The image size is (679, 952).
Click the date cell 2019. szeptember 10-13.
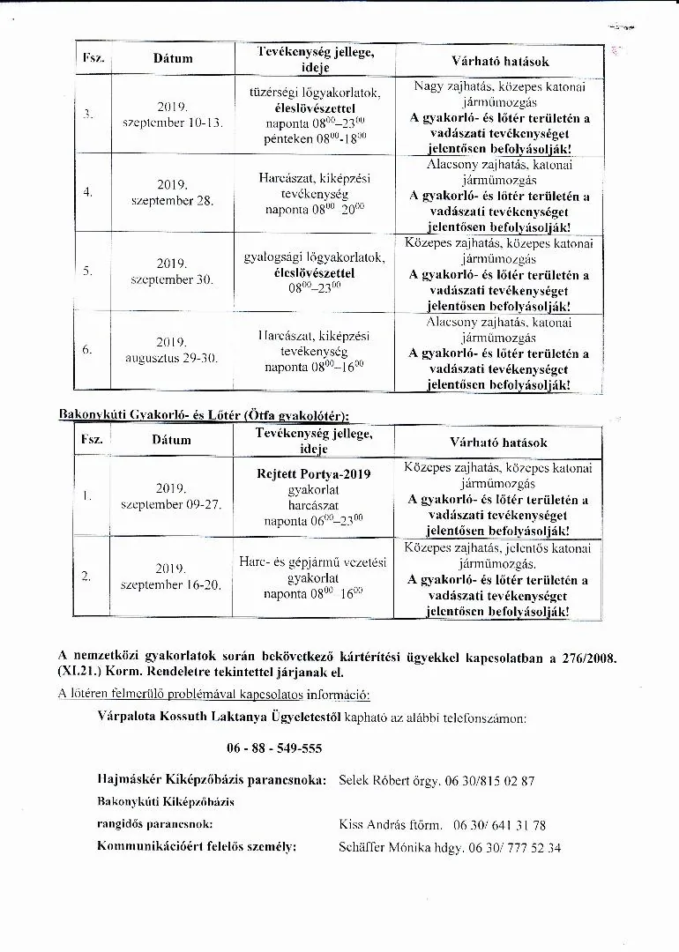tap(172, 115)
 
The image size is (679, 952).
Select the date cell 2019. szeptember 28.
tap(172, 192)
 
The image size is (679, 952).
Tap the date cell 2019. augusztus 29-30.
tap(172, 350)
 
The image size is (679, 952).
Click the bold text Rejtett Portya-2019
tap(313, 474)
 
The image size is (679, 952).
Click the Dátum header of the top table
tap(173, 59)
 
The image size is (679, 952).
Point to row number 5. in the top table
tap(88, 271)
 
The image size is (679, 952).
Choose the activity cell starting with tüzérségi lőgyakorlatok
tap(314, 115)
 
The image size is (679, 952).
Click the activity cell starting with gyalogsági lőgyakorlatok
tap(314, 272)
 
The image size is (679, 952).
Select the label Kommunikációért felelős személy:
tap(197, 847)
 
